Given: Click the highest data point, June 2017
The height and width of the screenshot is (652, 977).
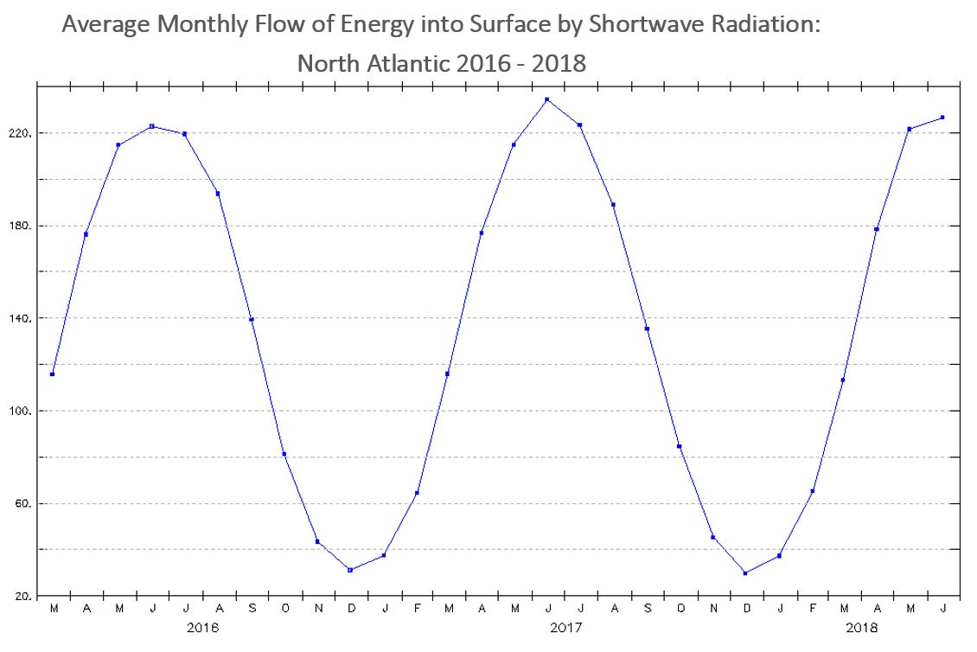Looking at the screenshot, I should pos(546,99).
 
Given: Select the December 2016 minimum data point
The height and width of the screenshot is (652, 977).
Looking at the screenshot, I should pos(350,570).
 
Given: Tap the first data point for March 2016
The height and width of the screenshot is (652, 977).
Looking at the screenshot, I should pos(53,374).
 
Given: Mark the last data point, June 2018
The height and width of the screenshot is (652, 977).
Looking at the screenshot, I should pos(942,118).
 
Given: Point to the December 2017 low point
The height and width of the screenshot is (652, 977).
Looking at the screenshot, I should pos(744,573).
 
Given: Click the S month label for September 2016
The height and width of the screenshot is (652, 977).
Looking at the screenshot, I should pos(252,609).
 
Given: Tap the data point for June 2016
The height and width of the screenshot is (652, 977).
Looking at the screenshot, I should pos(152,126).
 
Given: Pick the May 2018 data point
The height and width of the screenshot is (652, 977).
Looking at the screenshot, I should pos(910,129).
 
